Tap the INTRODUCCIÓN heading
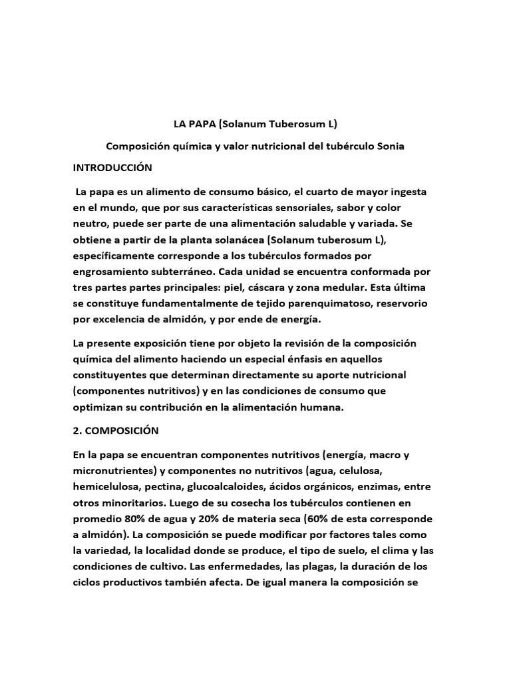coord(112,167)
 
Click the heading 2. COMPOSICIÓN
coord(116,430)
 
